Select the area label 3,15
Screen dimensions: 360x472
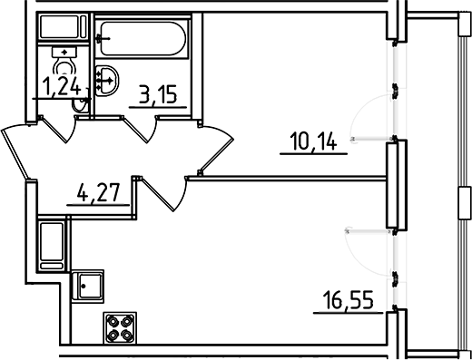tap(157, 92)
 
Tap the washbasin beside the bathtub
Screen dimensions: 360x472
tap(106, 79)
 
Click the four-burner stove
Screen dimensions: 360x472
tap(120, 327)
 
